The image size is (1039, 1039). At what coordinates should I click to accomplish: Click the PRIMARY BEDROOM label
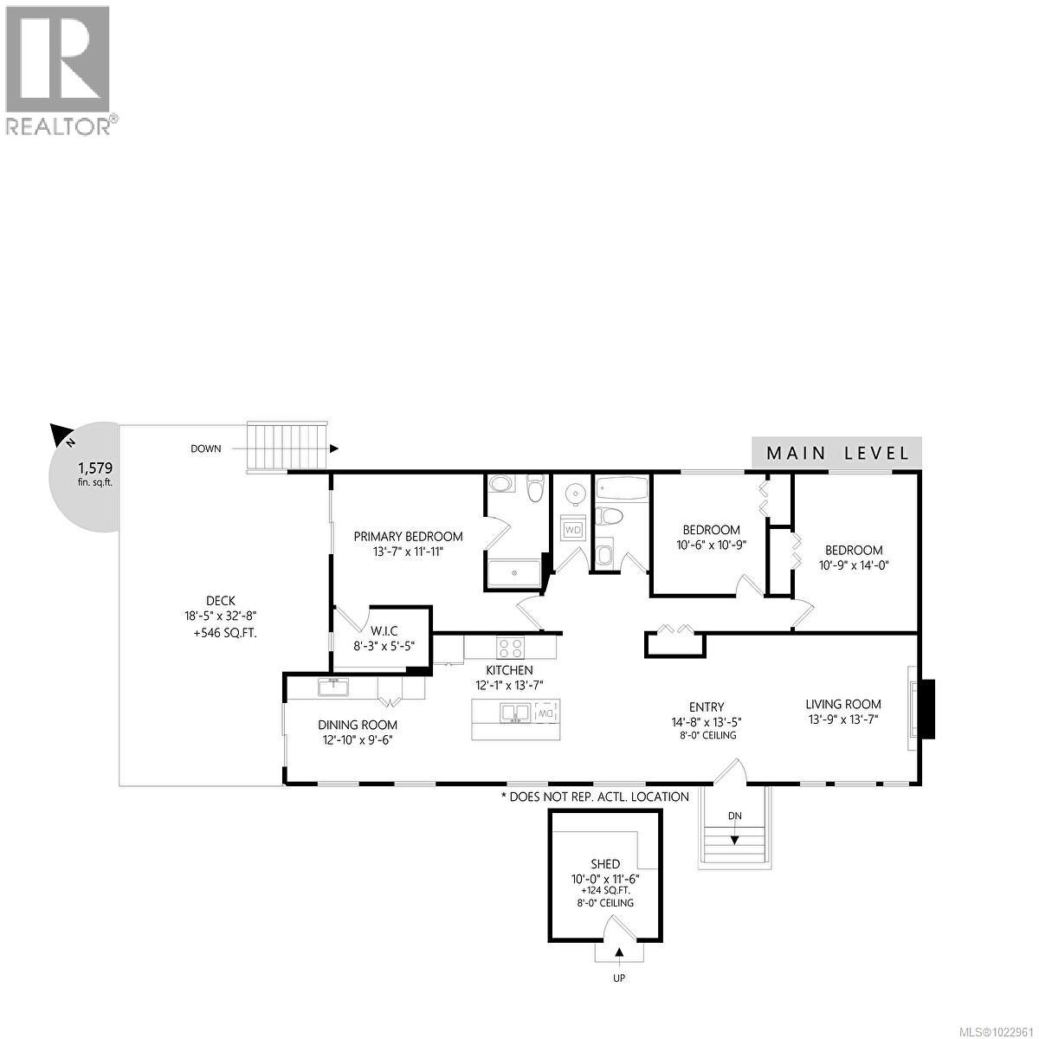(408, 537)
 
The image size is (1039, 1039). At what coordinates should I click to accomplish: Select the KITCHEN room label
(509, 670)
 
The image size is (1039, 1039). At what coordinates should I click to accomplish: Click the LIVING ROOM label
(842, 704)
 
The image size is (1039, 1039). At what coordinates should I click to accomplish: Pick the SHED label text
(605, 864)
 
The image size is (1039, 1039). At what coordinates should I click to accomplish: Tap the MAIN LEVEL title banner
(836, 453)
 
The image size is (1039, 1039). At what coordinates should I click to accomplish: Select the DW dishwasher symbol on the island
(545, 713)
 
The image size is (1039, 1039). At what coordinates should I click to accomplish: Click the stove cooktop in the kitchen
(510, 647)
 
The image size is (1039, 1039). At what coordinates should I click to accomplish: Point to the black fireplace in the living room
(926, 709)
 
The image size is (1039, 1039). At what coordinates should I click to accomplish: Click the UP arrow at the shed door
(620, 953)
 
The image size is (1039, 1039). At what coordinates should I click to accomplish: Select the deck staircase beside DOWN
(287, 446)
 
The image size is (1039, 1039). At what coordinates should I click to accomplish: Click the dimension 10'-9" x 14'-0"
(854, 565)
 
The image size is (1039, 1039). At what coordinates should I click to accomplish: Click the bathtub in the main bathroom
(622, 489)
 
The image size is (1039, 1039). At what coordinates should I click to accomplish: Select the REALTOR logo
(59, 69)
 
